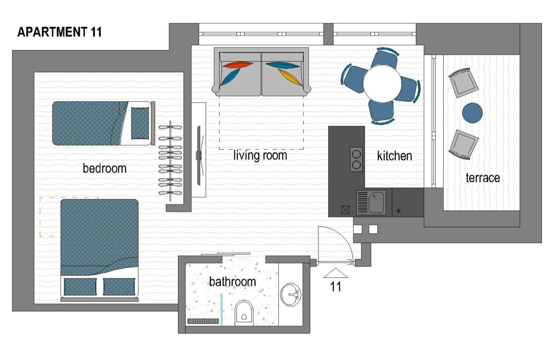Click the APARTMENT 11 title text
pyautogui.click(x=60, y=32)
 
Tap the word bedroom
pyautogui.click(x=105, y=168)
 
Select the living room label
pyautogui.click(x=260, y=156)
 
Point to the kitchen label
pyautogui.click(x=394, y=156)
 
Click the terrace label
pyautogui.click(x=483, y=178)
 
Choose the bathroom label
pyautogui.click(x=232, y=282)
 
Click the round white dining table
pyautogui.click(x=382, y=84)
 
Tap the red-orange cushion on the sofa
pyautogui.click(x=238, y=65)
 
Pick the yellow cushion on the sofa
pyautogui.click(x=290, y=77)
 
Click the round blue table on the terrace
pyautogui.click(x=472, y=113)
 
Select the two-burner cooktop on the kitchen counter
pyautogui.click(x=356, y=159)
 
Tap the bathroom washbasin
pyautogui.click(x=291, y=295)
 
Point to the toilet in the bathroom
pyautogui.click(x=244, y=313)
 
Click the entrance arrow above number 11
pyautogui.click(x=336, y=273)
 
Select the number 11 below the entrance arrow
pyautogui.click(x=336, y=287)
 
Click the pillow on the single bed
pyautogui.click(x=140, y=123)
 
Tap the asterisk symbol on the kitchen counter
pyautogui.click(x=399, y=211)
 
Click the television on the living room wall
pyautogui.click(x=199, y=155)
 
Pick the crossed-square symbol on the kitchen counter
pyautogui.click(x=345, y=210)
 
